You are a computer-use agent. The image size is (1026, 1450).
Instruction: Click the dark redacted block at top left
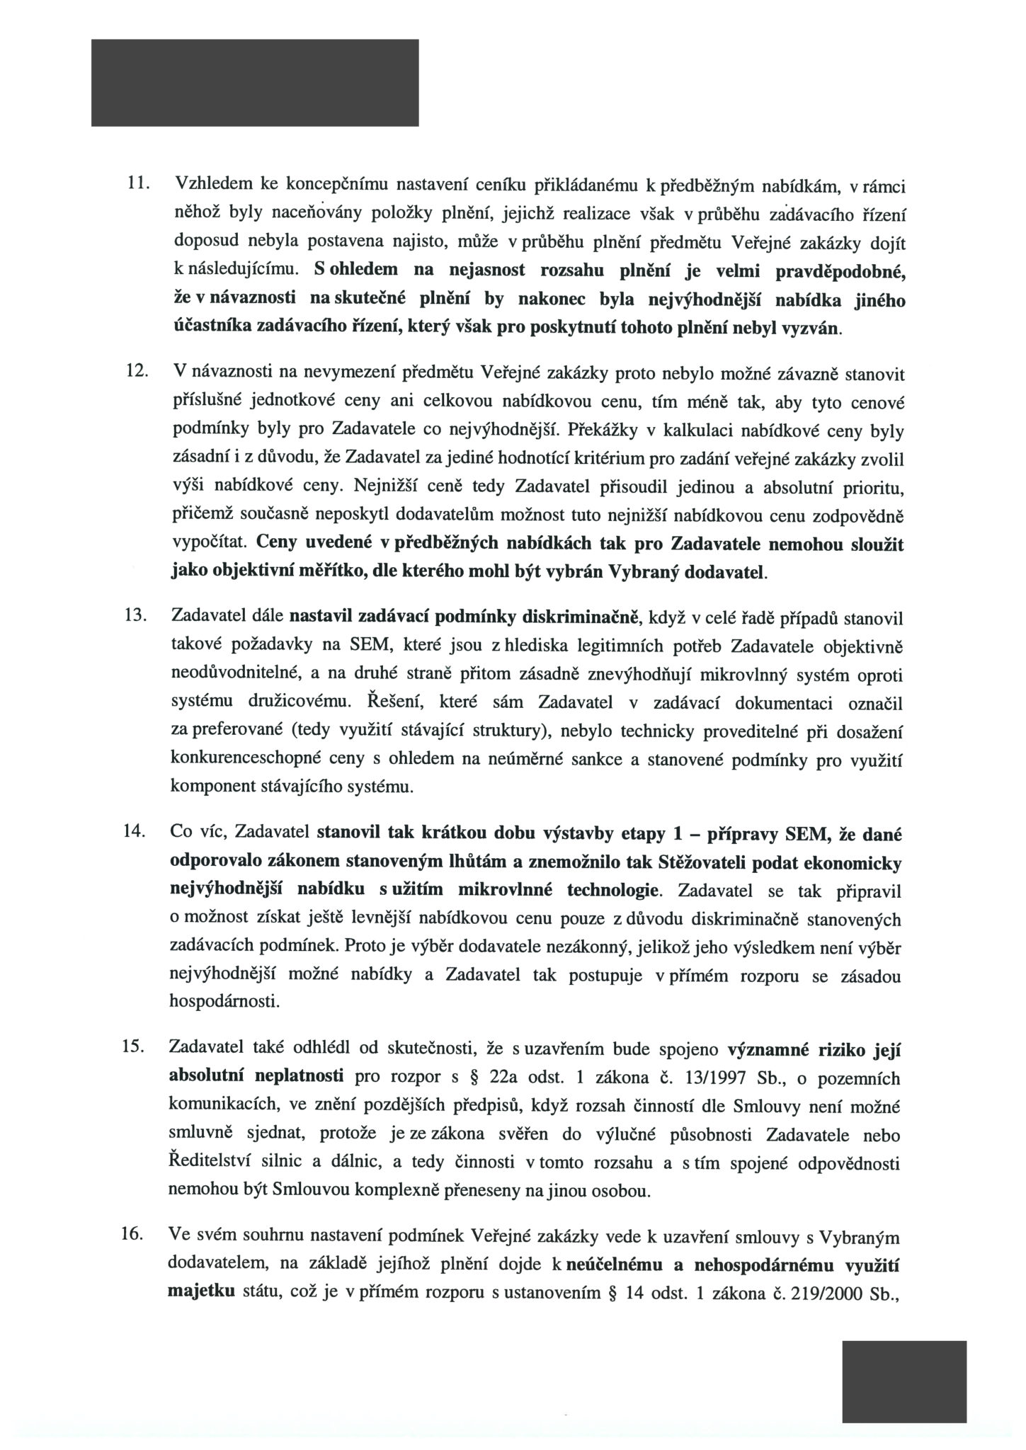click(255, 82)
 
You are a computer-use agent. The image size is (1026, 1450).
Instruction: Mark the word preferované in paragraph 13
click(251, 730)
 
